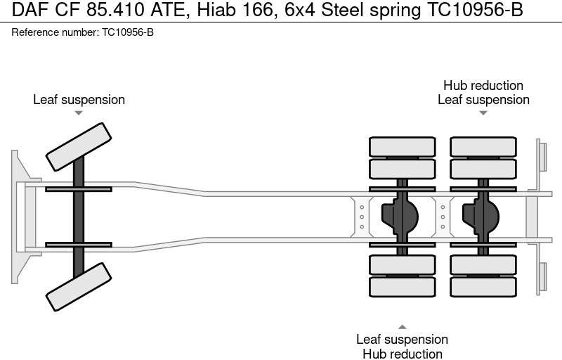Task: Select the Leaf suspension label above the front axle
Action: pos(79,100)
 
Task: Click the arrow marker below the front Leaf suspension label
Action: pos(79,112)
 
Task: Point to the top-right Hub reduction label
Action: pos(483,86)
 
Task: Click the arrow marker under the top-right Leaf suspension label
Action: pos(483,112)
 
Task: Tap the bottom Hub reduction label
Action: pos(402,354)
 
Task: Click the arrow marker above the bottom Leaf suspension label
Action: pos(402,326)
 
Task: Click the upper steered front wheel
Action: pos(79,146)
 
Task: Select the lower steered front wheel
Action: pos(79,286)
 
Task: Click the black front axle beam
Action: pos(79,217)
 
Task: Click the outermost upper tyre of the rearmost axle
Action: pos(483,146)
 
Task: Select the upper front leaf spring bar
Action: pos(79,188)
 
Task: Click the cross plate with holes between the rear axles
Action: pos(443,216)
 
